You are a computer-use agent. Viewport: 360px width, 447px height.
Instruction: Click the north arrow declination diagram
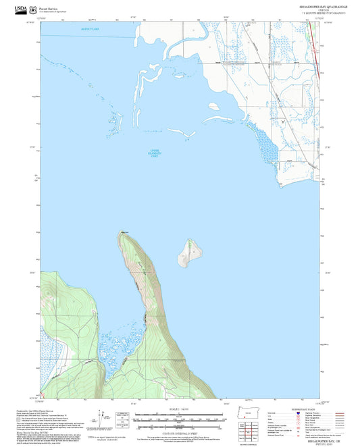(122, 417)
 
